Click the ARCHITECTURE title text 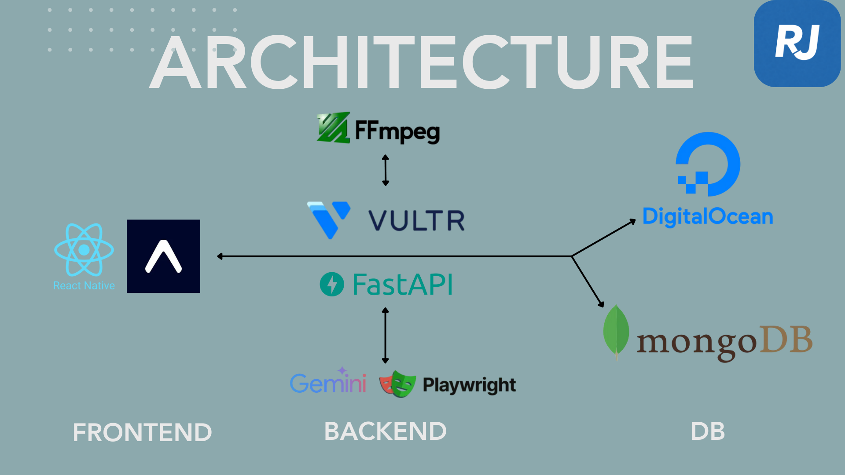coord(421,62)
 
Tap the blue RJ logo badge coord(797,43)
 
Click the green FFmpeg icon coord(333,128)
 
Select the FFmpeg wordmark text coord(397,131)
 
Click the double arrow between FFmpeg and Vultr coord(386,170)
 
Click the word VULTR coord(416,221)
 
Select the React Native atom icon coord(84,250)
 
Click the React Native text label coord(84,286)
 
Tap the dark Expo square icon coord(163,256)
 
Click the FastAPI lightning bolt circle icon coord(332,284)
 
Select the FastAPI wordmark coord(402,285)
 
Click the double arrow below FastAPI coord(386,335)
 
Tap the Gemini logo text coord(328,383)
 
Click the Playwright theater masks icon coord(397,384)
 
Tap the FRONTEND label coord(142,432)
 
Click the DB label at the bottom coord(708,431)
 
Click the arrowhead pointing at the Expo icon coord(220,256)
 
